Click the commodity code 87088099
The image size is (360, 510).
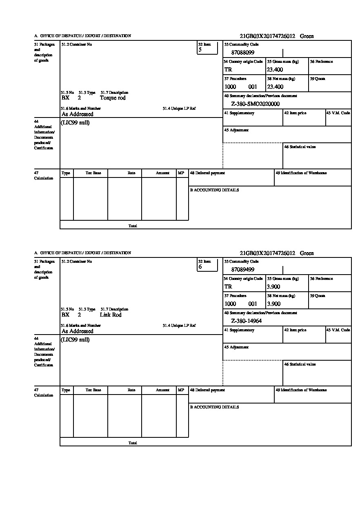coord(243,53)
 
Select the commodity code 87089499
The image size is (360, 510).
coord(243,270)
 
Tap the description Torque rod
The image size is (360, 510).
coord(113,98)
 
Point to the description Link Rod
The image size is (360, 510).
coord(111,315)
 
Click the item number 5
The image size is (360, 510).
coord(200,50)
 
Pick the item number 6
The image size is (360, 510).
coord(200,267)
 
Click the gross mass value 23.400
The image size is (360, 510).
coord(275,70)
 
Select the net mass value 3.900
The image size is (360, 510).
coord(273,304)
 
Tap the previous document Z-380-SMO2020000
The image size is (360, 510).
coord(255,104)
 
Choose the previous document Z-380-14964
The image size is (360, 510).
coord(247,321)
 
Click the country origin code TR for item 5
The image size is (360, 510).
coord(228,70)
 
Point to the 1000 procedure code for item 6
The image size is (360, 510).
coord(230,304)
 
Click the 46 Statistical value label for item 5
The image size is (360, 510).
coord(300,147)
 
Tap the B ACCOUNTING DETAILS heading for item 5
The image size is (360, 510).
coord(214,190)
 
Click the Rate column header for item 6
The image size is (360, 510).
coord(131,390)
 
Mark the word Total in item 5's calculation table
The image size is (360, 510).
coord(133,226)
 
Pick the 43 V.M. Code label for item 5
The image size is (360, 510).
coord(338,113)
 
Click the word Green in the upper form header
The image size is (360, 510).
coord(307,36)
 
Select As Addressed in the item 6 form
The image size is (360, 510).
coord(78,331)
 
